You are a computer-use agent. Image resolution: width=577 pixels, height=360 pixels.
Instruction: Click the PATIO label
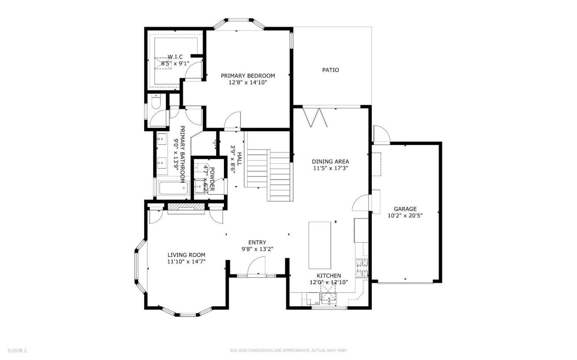pos(331,70)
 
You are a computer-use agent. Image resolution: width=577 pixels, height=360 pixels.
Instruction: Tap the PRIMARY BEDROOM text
pos(248,76)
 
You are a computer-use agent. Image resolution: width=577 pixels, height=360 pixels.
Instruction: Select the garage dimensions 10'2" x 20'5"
pos(405,215)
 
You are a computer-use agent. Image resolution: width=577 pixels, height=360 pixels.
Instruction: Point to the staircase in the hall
pos(269,175)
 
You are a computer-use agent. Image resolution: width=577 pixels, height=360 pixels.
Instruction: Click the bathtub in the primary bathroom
pos(172,189)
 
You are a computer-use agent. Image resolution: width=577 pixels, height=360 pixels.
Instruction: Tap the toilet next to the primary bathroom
pos(155,102)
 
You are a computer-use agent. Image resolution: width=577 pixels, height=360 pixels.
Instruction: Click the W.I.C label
pos(175,57)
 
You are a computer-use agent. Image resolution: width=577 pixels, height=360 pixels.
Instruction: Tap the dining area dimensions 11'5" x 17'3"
pos(330,168)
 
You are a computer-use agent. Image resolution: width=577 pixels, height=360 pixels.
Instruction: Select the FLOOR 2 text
pos(13,351)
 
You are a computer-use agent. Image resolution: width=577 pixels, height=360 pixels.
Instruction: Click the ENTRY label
pos(257,243)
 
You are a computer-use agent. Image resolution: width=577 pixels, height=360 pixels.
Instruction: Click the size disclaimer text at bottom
pos(288,351)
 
